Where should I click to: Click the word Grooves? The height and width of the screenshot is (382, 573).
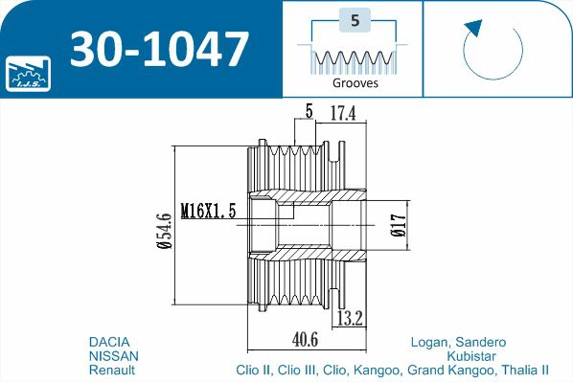(355, 82)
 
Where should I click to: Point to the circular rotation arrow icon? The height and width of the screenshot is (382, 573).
(491, 49)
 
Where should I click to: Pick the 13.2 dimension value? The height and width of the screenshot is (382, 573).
(349, 318)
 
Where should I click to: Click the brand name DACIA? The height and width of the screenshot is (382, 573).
(109, 342)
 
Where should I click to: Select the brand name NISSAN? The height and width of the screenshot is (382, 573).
(113, 355)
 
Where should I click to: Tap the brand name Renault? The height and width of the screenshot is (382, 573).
(112, 369)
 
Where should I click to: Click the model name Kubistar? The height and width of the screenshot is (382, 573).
(470, 355)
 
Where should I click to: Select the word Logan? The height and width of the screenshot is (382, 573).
(428, 342)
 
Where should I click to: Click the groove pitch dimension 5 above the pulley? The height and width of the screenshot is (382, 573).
(309, 112)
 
